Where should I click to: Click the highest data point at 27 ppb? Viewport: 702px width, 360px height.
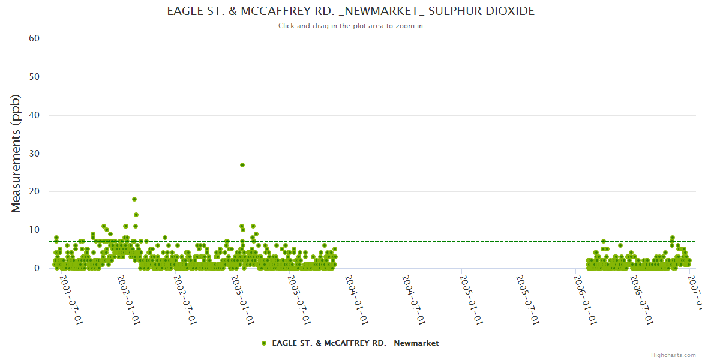pyautogui.click(x=242, y=165)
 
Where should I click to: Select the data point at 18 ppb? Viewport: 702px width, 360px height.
pyautogui.click(x=134, y=199)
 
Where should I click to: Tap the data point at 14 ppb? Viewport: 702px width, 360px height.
pyautogui.click(x=136, y=215)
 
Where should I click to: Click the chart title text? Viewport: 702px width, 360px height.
pyautogui.click(x=350, y=11)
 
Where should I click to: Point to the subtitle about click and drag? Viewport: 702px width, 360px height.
pyautogui.click(x=350, y=26)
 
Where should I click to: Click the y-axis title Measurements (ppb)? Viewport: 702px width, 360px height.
pyautogui.click(x=16, y=153)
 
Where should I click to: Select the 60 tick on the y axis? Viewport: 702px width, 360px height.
pyautogui.click(x=34, y=38)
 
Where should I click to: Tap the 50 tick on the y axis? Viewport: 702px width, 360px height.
pyautogui.click(x=34, y=77)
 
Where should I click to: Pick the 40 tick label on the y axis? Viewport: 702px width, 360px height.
pyautogui.click(x=34, y=115)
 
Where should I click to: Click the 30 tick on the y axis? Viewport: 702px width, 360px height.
pyautogui.click(x=34, y=154)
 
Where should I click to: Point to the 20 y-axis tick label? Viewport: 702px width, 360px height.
pyautogui.click(x=34, y=191)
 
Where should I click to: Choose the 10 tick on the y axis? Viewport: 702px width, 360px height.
pyautogui.click(x=34, y=230)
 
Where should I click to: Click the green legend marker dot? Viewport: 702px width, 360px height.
pyautogui.click(x=264, y=343)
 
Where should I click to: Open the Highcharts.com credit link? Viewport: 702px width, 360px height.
pyautogui.click(x=673, y=355)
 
